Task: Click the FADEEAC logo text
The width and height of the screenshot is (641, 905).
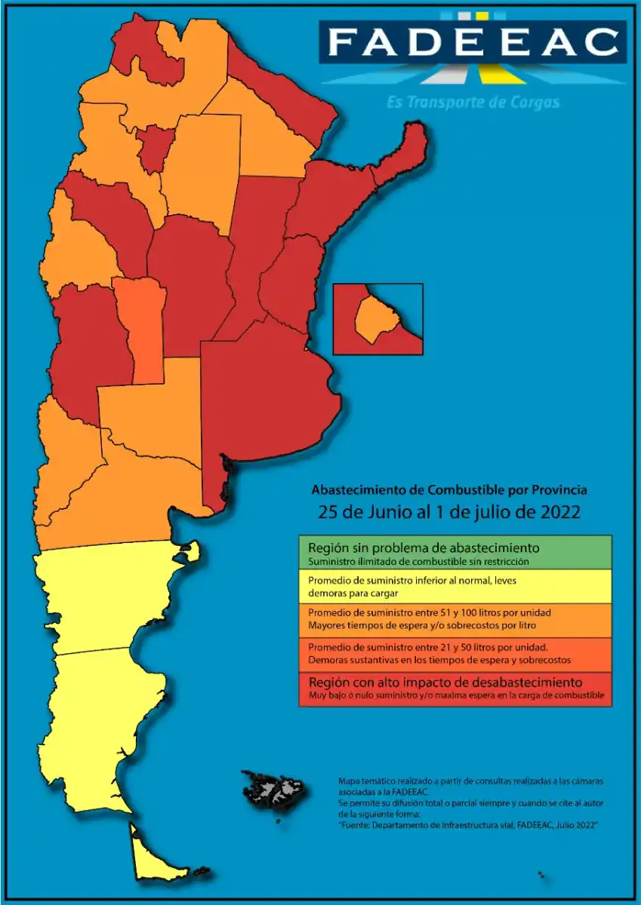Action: pyautogui.click(x=473, y=42)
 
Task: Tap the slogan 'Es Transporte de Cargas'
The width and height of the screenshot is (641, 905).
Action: pyautogui.click(x=473, y=102)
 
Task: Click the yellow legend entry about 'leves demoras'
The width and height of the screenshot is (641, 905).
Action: pyautogui.click(x=455, y=586)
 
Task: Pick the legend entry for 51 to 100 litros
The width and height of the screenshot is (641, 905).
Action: pyautogui.click(x=455, y=620)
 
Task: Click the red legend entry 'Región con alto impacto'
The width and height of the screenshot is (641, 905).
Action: pyautogui.click(x=455, y=689)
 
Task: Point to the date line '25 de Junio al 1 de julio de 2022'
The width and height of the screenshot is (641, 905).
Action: pyautogui.click(x=449, y=511)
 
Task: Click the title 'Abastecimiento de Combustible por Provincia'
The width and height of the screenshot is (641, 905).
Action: pyautogui.click(x=449, y=489)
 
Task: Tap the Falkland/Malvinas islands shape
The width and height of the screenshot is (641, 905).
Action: pyautogui.click(x=276, y=790)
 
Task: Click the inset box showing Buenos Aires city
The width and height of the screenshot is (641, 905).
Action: pyautogui.click(x=378, y=318)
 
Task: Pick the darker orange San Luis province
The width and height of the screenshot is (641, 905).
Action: pyautogui.click(x=141, y=324)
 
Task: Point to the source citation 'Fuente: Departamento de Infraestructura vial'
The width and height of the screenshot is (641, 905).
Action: pyautogui.click(x=468, y=826)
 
